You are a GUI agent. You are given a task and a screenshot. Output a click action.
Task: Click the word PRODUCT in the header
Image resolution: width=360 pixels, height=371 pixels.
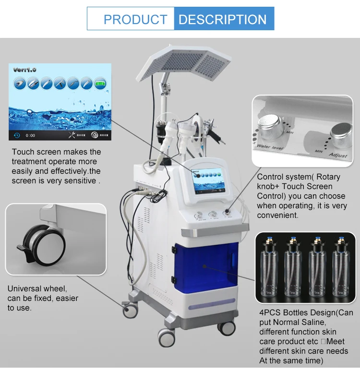point(135,20)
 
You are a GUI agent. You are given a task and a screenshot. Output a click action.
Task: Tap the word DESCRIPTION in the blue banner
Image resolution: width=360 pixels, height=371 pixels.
point(222,20)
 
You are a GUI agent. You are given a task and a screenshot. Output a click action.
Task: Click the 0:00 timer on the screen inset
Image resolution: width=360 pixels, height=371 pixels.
point(30,135)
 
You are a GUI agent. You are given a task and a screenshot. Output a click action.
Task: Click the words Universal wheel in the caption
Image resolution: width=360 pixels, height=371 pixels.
point(37,288)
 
